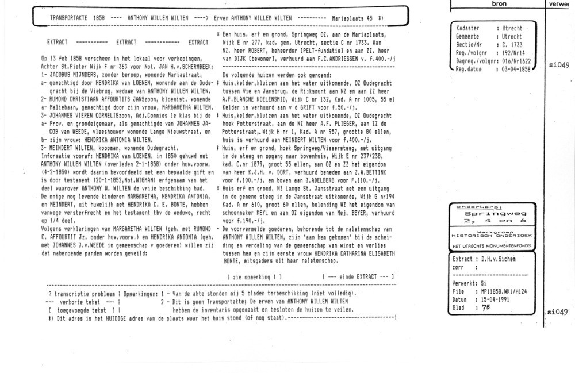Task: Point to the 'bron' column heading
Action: tap(497, 4)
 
